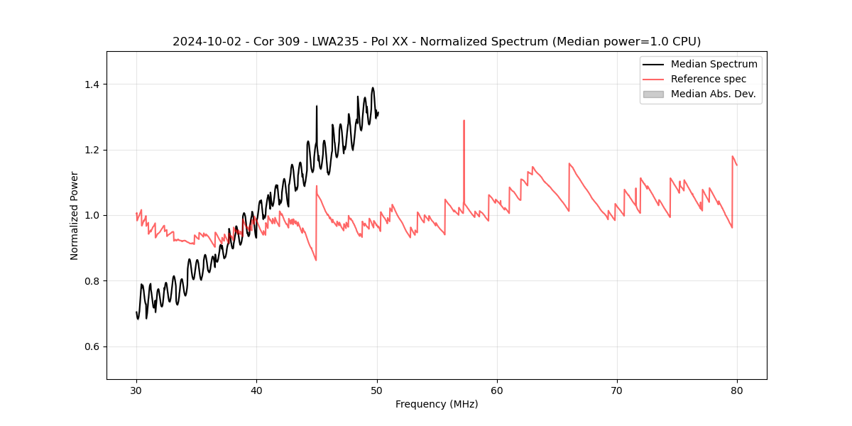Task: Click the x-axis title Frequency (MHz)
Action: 437,404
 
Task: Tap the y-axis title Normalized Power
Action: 75,215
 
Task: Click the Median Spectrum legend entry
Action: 714,64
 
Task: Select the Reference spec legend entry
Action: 709,79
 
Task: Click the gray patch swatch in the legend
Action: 653,94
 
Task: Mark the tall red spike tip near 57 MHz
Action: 464,121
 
